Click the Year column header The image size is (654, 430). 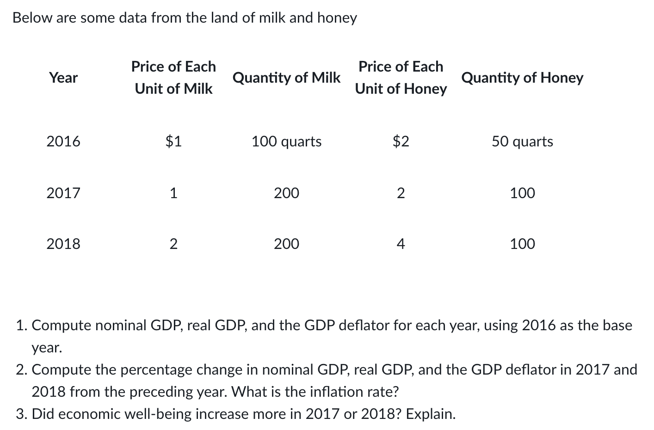pyautogui.click(x=63, y=78)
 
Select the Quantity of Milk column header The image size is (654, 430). pyautogui.click(x=286, y=78)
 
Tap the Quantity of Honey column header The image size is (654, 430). pyautogui.click(x=522, y=78)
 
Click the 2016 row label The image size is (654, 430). pyautogui.click(x=63, y=141)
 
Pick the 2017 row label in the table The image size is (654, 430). pyautogui.click(x=63, y=193)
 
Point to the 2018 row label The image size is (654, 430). pyautogui.click(x=63, y=243)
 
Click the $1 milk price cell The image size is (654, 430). pyautogui.click(x=173, y=141)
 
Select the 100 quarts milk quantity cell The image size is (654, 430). pyautogui.click(x=286, y=141)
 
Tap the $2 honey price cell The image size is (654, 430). pyautogui.click(x=401, y=141)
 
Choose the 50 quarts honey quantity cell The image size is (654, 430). pyautogui.click(x=522, y=141)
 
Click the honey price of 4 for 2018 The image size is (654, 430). pyautogui.click(x=401, y=243)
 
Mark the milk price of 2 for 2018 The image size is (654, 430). pyautogui.click(x=173, y=243)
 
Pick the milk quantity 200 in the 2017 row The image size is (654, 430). pyautogui.click(x=286, y=193)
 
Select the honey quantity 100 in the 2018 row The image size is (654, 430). pyautogui.click(x=522, y=243)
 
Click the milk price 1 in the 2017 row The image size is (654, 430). pyautogui.click(x=173, y=193)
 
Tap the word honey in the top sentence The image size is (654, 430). pyautogui.click(x=337, y=18)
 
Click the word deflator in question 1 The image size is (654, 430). pyautogui.click(x=365, y=325)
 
